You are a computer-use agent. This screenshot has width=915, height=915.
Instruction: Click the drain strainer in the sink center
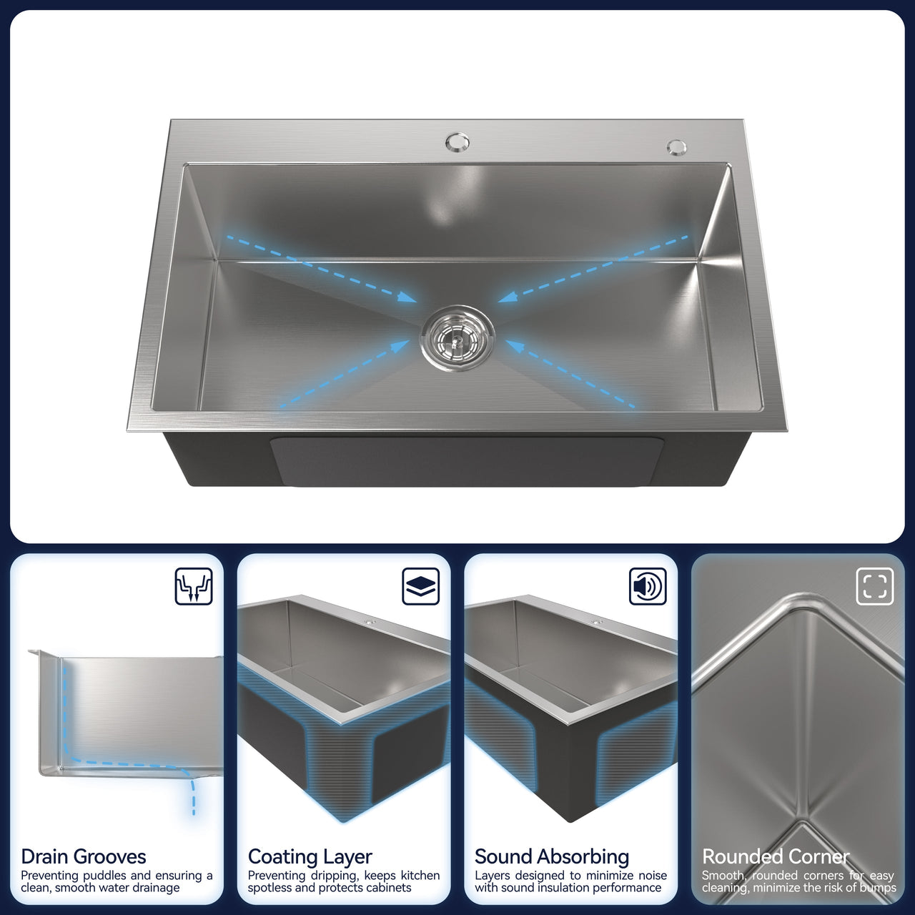pyautogui.click(x=457, y=338)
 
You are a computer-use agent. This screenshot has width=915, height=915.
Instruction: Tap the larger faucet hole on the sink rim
pyautogui.click(x=457, y=142)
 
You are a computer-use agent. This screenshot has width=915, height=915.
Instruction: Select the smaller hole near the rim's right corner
pyautogui.click(x=676, y=147)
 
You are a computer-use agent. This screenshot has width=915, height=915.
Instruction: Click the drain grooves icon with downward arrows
pyautogui.click(x=194, y=586)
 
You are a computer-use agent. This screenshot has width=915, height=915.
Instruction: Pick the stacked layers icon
pyautogui.click(x=421, y=586)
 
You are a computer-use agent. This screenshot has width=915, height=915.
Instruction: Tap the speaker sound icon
pyautogui.click(x=648, y=586)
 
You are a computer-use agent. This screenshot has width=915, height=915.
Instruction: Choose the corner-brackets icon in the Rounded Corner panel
pyautogui.click(x=875, y=586)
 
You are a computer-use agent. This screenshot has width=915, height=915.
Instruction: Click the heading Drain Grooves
pyautogui.click(x=84, y=857)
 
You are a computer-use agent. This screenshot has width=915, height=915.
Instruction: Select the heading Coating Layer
pyautogui.click(x=310, y=857)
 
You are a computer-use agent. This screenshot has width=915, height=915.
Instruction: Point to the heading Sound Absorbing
pyautogui.click(x=552, y=857)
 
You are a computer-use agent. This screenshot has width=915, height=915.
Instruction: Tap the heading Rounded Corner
pyautogui.click(x=776, y=857)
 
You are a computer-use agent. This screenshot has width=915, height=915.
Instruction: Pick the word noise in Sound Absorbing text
pyautogui.click(x=650, y=876)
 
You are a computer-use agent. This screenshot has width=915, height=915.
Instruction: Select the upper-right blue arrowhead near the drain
pyautogui.click(x=507, y=297)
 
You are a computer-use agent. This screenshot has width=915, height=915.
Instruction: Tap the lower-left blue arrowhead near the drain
pyautogui.click(x=400, y=345)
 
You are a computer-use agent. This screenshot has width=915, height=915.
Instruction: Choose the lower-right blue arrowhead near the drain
pyautogui.click(x=515, y=346)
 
